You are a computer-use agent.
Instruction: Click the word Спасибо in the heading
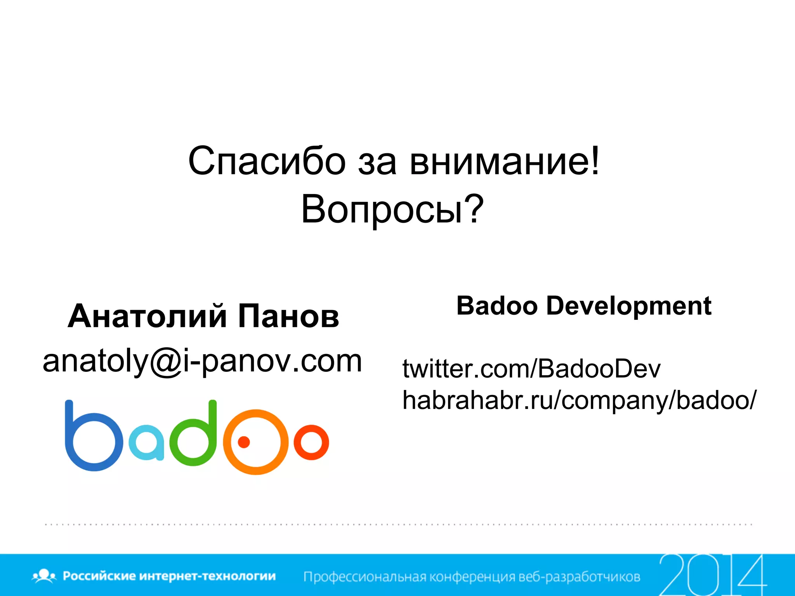point(267,161)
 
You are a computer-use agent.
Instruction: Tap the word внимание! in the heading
point(505,161)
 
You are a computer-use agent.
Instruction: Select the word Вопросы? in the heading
point(392,210)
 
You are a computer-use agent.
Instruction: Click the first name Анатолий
point(148,316)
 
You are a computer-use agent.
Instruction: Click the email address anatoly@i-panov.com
point(202,361)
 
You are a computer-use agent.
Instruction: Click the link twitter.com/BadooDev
point(531,368)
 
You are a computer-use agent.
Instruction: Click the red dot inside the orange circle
point(244,442)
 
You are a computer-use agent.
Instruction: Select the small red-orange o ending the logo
point(311,442)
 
